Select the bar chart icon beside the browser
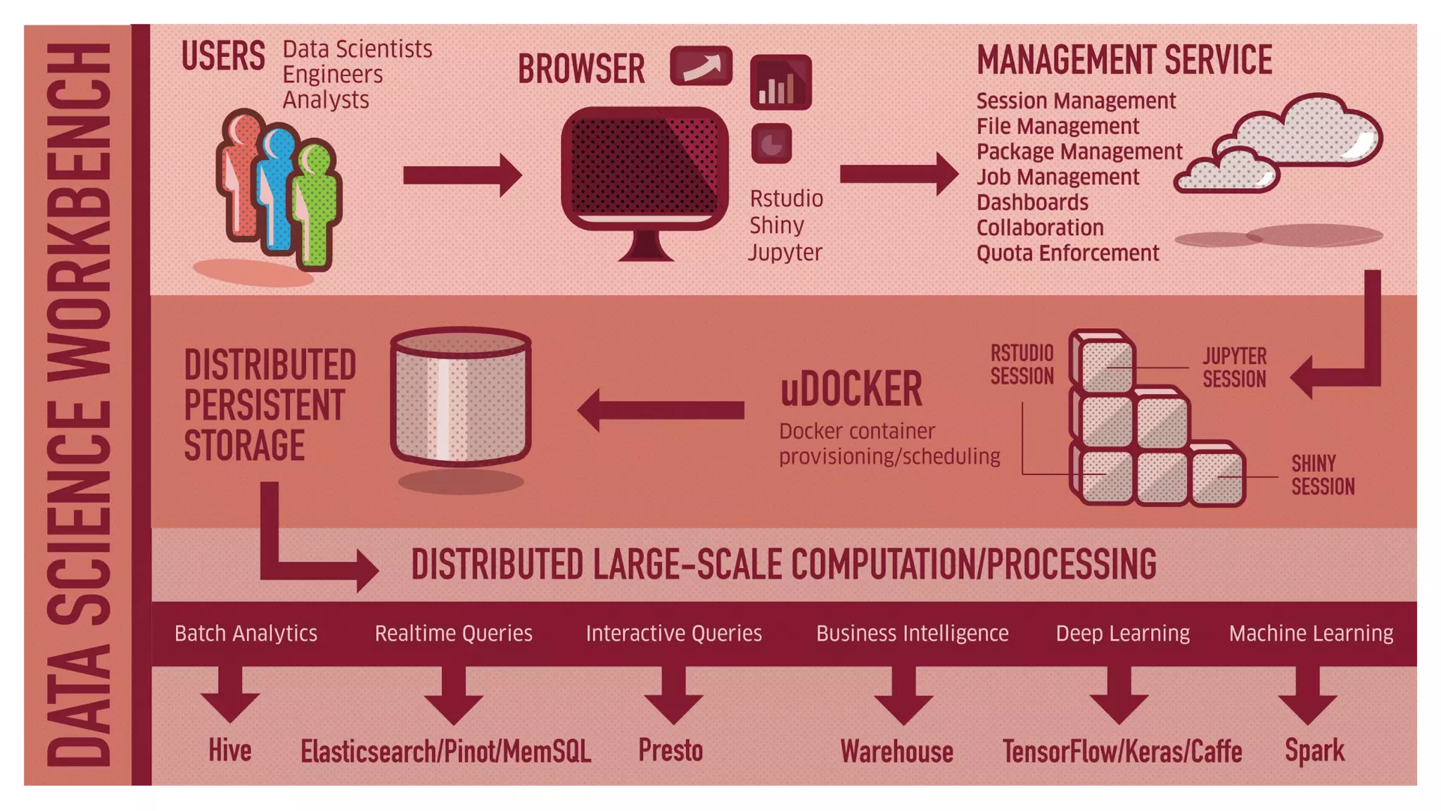click(x=780, y=82)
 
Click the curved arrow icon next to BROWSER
click(x=701, y=66)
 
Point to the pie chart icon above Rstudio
click(x=771, y=144)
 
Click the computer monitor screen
click(x=644, y=166)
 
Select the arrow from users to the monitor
click(x=462, y=175)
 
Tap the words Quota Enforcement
click(x=1067, y=253)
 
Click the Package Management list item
click(x=1079, y=152)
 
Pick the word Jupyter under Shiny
click(x=785, y=253)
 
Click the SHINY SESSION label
click(x=1322, y=475)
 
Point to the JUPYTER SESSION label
click(x=1233, y=367)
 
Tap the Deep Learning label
click(x=1122, y=634)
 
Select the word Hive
click(x=229, y=750)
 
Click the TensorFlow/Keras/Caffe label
click(x=1122, y=752)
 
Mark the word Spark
click(x=1314, y=750)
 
